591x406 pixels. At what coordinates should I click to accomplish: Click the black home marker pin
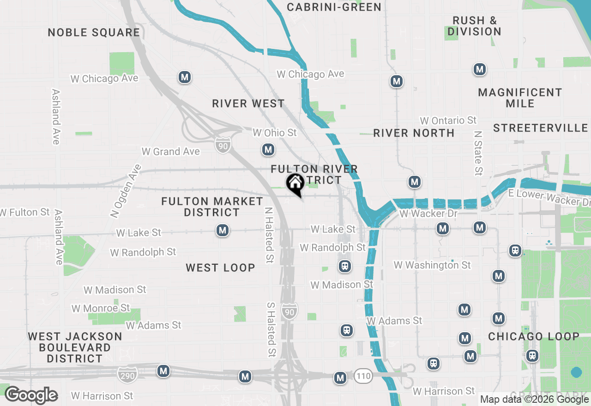pyautogui.click(x=295, y=184)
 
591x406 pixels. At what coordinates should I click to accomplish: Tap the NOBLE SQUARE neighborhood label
pyautogui.click(x=94, y=32)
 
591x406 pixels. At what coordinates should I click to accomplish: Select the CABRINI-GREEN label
pyautogui.click(x=334, y=7)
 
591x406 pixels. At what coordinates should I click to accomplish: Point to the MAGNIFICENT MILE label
pyautogui.click(x=520, y=98)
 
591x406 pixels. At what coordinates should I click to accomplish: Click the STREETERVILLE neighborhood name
pyautogui.click(x=540, y=128)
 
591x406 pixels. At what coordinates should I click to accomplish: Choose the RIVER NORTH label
pyautogui.click(x=414, y=133)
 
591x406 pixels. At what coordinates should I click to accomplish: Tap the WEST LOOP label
pyautogui.click(x=220, y=268)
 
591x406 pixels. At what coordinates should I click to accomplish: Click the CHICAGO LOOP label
pyautogui.click(x=533, y=336)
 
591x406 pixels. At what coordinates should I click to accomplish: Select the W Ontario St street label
pyautogui.click(x=448, y=120)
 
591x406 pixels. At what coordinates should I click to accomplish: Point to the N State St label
pyautogui.click(x=478, y=153)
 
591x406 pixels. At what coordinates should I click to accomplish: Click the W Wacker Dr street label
pyautogui.click(x=428, y=214)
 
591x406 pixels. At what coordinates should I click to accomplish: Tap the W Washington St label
pyautogui.click(x=432, y=265)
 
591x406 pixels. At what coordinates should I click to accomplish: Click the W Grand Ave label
pyautogui.click(x=170, y=151)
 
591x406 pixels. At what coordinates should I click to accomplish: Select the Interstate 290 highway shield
pyautogui.click(x=127, y=376)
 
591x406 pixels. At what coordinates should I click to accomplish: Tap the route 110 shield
pyautogui.click(x=363, y=376)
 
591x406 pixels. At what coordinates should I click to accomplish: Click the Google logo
pyautogui.click(x=31, y=395)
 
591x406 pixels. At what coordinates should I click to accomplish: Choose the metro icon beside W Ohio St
pyautogui.click(x=268, y=149)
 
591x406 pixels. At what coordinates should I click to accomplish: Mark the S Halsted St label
pyautogui.click(x=271, y=329)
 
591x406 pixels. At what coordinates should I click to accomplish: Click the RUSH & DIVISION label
pyautogui.click(x=474, y=26)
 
